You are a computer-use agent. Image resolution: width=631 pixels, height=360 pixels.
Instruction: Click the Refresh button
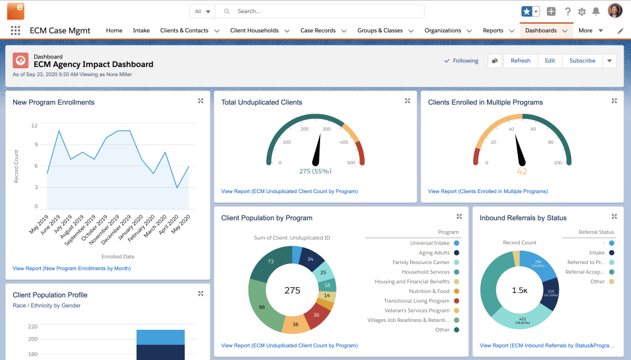tap(520, 60)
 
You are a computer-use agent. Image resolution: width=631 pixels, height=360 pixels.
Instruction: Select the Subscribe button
tap(582, 60)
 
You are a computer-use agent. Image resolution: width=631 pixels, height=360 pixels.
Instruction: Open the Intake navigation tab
tap(141, 30)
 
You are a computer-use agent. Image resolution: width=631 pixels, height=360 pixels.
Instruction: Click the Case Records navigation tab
tap(318, 30)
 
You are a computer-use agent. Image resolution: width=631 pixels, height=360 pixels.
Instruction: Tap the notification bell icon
tap(596, 11)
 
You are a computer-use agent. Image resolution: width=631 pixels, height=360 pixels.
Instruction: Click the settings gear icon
tap(582, 11)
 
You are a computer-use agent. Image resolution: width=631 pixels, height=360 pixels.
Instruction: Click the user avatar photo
tap(615, 11)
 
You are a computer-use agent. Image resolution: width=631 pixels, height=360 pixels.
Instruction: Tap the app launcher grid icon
tap(15, 30)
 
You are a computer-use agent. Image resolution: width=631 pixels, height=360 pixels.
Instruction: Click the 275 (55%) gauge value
tap(315, 171)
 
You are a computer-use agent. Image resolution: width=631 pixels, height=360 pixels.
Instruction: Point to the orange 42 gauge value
tap(522, 171)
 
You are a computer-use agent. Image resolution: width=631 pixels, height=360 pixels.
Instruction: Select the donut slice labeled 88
tap(262, 307)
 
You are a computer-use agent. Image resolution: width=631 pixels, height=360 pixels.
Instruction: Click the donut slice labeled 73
tap(269, 261)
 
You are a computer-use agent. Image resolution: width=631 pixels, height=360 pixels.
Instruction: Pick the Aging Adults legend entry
tap(434, 252)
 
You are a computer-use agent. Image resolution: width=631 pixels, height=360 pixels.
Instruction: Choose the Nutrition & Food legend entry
tap(429, 291)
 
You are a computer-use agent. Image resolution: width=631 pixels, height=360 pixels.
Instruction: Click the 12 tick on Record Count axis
tap(34, 125)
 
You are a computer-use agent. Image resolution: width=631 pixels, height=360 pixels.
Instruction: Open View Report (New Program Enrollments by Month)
tap(72, 268)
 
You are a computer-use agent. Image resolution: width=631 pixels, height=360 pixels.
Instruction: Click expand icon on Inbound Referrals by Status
tap(614, 216)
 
